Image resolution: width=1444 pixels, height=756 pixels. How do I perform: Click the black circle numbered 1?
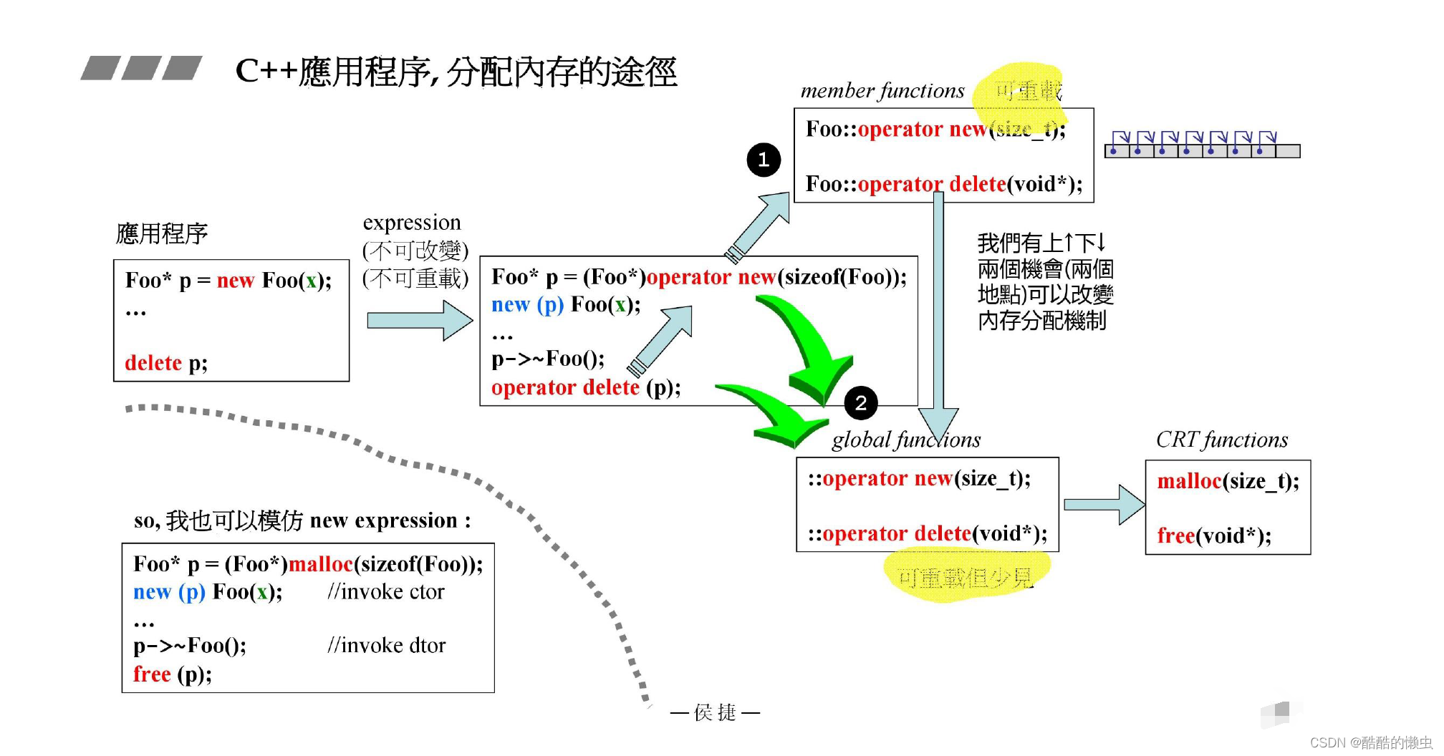[764, 159]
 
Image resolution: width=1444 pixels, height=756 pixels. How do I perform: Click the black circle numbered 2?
[861, 403]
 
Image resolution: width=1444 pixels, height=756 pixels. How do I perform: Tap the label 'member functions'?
[882, 91]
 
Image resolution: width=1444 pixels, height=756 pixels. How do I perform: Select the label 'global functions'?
[906, 440]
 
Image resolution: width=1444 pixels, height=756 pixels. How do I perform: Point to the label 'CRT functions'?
[1222, 440]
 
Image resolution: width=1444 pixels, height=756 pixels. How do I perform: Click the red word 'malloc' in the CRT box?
[1189, 481]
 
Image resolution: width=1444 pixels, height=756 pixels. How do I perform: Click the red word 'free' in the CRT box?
[1175, 535]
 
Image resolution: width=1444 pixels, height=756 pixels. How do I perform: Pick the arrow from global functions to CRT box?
[1103, 505]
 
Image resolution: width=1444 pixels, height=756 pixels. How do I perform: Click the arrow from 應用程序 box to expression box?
[419, 320]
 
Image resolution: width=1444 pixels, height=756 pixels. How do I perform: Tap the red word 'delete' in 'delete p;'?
[153, 363]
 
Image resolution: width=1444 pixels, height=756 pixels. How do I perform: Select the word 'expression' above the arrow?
[412, 223]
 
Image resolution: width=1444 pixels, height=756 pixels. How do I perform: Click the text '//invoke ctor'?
[386, 592]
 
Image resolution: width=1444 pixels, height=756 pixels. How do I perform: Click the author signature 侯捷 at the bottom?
[715, 712]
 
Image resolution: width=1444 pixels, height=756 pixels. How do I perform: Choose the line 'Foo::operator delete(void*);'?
[944, 185]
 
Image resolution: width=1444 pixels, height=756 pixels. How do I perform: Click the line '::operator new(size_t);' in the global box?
[920, 478]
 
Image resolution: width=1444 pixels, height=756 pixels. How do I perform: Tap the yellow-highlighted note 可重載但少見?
[965, 577]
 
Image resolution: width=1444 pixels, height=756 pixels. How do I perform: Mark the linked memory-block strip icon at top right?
[1202, 145]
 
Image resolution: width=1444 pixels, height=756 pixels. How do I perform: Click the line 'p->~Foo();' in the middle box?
[548, 359]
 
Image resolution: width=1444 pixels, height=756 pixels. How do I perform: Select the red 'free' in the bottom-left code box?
[152, 674]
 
